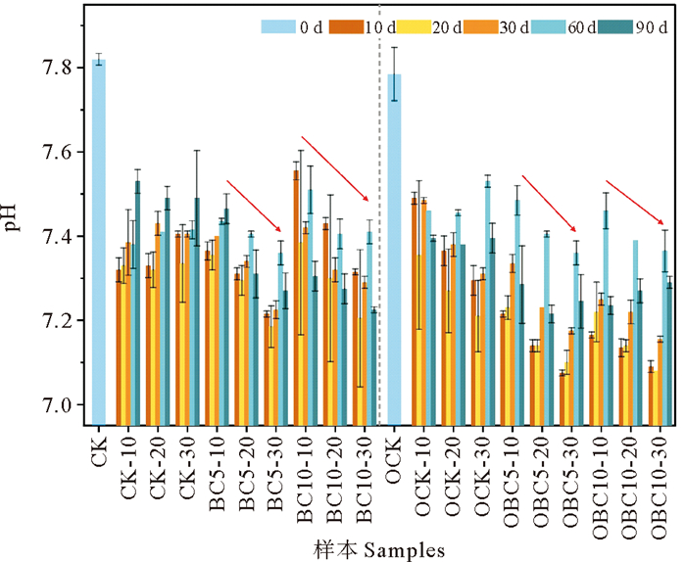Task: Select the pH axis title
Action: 13,220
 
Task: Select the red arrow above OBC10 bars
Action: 634,202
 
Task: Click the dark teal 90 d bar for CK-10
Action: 137,303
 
